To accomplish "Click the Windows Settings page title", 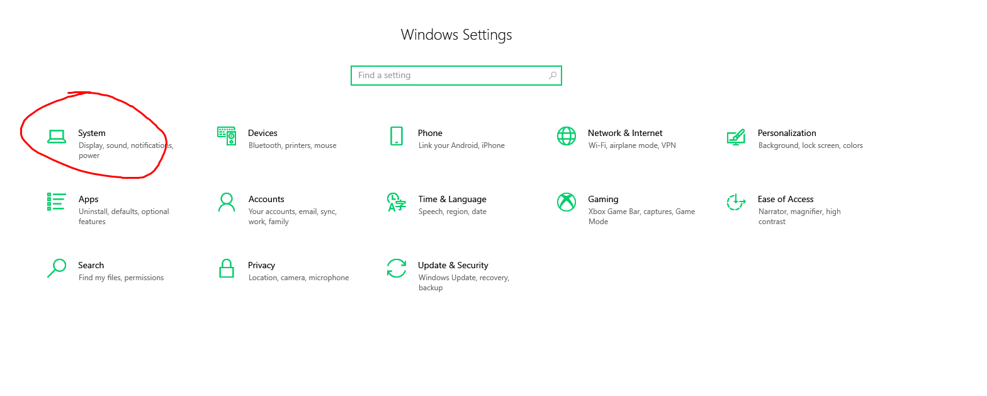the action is coord(456,35).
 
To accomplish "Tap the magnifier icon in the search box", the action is coord(553,76).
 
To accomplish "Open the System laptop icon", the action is coord(57,137).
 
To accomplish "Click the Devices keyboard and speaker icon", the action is coord(227,136).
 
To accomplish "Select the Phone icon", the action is coord(397,136).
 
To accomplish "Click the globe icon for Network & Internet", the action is coord(567,136).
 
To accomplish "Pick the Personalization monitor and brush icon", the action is coord(736,137).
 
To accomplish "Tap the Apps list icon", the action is coord(57,201).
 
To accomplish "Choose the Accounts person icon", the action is coord(227,202).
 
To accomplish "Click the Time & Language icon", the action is coord(396,202).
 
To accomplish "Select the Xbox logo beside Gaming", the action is coord(567,202).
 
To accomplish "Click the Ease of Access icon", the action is coord(736,202).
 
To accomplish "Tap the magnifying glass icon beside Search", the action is coord(57,268).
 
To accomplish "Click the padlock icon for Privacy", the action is coord(227,268).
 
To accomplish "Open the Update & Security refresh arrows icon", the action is coord(396,268).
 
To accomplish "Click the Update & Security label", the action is coord(453,265).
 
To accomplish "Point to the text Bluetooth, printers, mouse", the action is coord(292,145).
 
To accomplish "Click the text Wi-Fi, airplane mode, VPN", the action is coord(632,145).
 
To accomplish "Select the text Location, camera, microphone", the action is coord(298,278).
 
